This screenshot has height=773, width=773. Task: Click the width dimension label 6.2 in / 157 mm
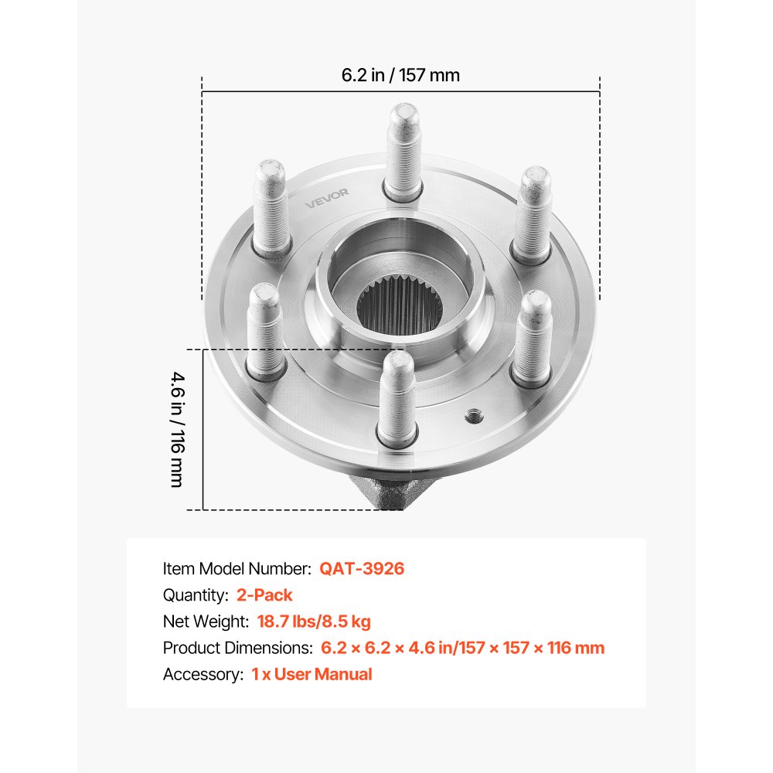click(400, 75)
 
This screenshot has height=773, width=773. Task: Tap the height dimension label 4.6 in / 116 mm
click(177, 429)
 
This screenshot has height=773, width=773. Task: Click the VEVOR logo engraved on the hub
click(326, 199)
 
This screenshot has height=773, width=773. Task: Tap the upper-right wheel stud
click(534, 209)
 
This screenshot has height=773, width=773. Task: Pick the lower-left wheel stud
click(264, 329)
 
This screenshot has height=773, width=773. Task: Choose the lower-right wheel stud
click(534, 336)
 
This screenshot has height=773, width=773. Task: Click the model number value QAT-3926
click(362, 569)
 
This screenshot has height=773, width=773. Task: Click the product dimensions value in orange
click(462, 648)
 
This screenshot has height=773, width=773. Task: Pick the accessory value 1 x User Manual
click(312, 674)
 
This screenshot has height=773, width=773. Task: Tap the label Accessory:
click(203, 674)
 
